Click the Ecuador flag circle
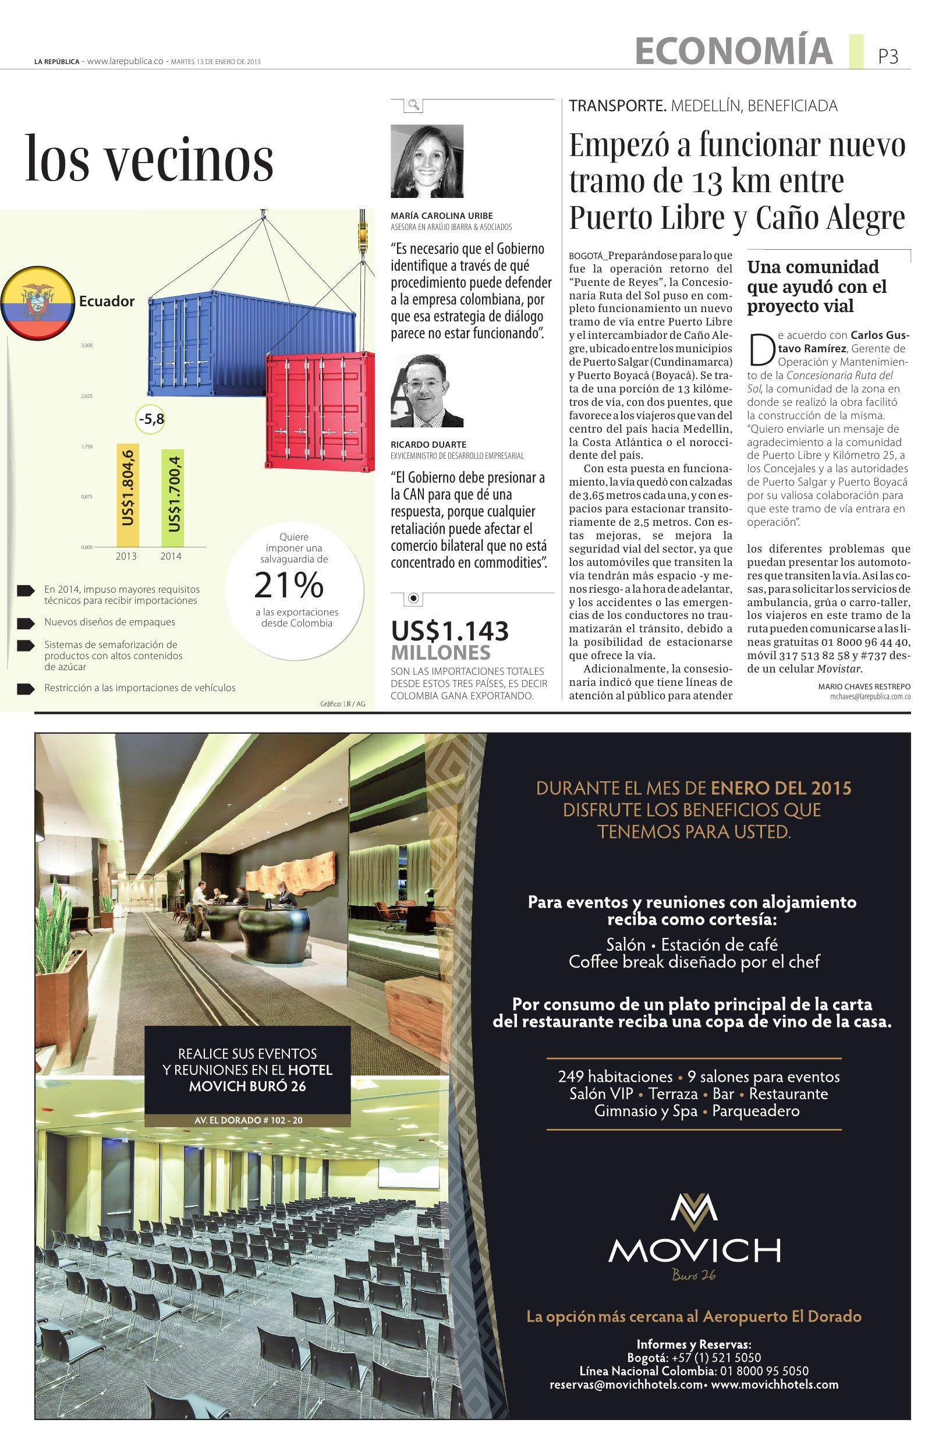coord(38,303)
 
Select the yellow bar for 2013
coord(127,495)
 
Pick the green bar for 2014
coord(172,498)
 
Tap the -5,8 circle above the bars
coord(151,419)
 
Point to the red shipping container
coord(320,411)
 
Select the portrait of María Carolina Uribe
coord(427,161)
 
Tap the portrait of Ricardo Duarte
coord(427,391)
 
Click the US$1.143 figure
coord(450,631)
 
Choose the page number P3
coord(888,56)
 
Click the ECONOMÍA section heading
coord(734,51)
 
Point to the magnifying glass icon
coord(414,105)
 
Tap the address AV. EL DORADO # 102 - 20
coord(247,1121)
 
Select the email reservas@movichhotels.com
coord(626,1385)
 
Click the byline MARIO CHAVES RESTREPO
coord(864,686)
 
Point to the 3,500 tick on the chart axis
coord(87,345)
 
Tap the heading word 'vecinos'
coord(189,160)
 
